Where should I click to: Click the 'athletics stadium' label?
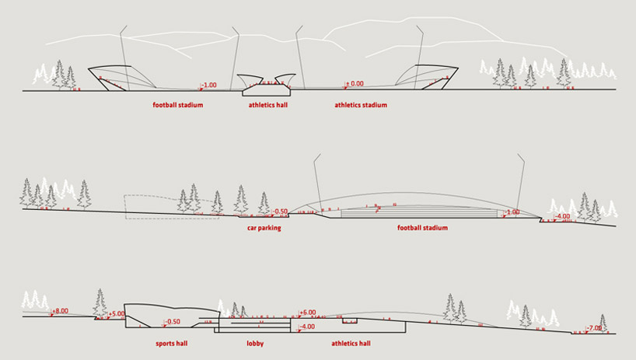361,104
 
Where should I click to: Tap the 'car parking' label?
264,229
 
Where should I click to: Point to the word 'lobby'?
256,342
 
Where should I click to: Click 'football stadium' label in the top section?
177,104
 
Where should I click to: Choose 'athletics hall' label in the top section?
268,104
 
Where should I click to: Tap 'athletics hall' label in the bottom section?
350,342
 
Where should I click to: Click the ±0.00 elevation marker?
355,83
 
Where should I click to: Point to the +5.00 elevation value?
117,314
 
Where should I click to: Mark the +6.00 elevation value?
308,312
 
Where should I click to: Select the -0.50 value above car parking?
281,211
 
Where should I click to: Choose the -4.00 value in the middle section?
562,216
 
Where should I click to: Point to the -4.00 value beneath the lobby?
307,327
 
